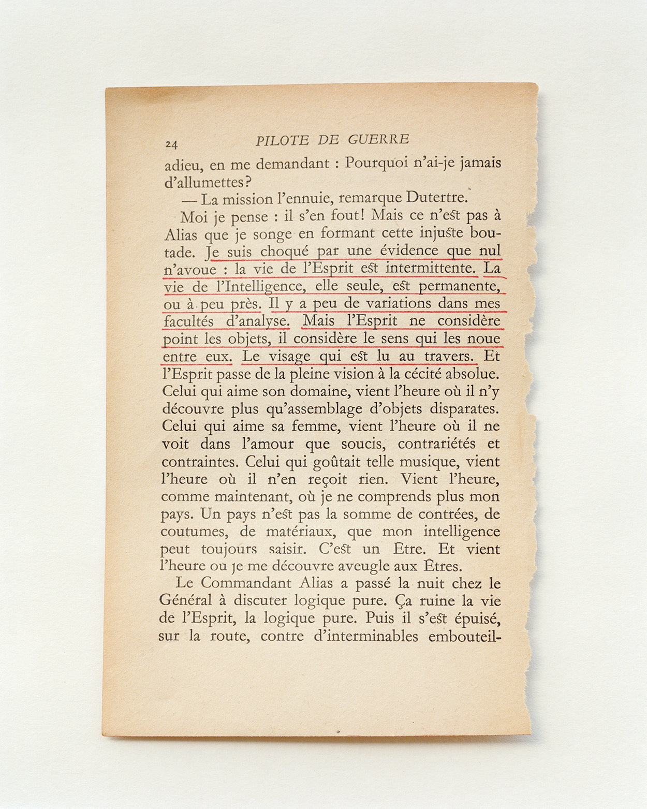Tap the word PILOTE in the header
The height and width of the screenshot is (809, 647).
[x=282, y=140]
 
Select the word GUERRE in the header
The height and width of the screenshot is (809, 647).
[x=378, y=139]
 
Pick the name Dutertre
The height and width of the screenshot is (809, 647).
[x=436, y=197]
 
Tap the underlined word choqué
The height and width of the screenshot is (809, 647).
[x=284, y=252]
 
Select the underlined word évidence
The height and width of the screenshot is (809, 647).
[x=409, y=251]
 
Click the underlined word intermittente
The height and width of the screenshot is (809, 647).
[x=430, y=268]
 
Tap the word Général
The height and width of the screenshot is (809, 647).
[x=185, y=600]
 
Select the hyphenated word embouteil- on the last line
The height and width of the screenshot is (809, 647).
[x=465, y=636]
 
